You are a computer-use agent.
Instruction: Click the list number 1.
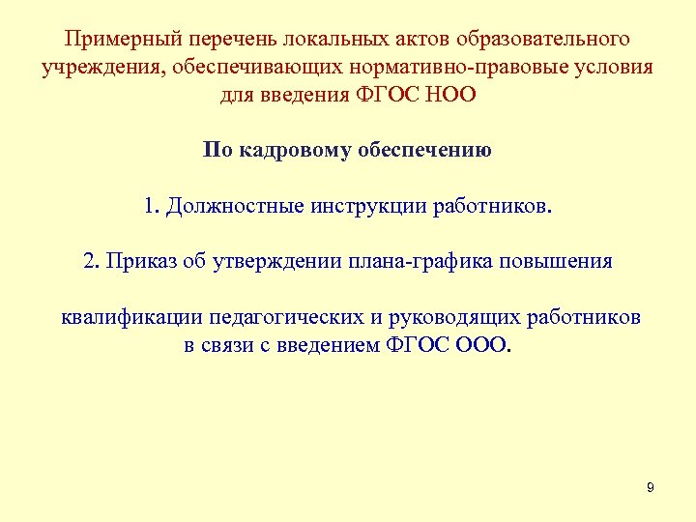pos(150,207)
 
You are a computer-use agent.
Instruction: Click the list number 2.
pos(91,262)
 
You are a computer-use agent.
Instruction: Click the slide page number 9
pos(650,488)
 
